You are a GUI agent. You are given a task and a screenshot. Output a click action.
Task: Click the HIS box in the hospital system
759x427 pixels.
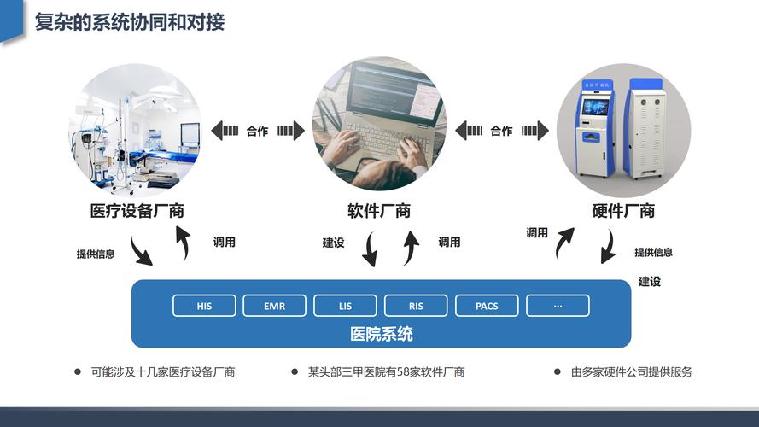204,306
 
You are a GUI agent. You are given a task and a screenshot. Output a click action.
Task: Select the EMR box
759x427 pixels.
274,306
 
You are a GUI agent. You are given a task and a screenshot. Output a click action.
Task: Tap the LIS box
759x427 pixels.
345,306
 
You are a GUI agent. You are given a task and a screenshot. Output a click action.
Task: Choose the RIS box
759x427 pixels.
416,306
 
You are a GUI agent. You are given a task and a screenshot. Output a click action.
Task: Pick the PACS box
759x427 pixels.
487,306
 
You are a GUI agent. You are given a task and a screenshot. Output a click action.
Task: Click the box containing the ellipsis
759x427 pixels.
558,306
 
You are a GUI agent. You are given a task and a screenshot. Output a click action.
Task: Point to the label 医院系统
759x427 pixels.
382,334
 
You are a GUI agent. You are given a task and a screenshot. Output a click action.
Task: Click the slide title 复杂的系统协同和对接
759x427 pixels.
130,22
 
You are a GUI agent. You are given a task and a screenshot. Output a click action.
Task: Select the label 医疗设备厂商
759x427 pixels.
137,211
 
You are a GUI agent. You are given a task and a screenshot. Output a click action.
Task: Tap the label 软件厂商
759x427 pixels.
379,211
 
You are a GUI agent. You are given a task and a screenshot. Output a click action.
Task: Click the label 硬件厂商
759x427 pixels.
623,211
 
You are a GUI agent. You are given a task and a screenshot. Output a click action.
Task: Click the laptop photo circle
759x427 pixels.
379,124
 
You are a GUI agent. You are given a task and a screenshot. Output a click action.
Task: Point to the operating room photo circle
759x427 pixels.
136,130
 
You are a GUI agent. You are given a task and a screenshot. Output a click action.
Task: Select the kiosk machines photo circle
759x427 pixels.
623,130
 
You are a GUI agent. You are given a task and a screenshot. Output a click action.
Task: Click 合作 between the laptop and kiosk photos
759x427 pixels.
501,131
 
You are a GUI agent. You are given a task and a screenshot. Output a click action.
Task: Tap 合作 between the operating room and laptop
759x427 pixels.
258,131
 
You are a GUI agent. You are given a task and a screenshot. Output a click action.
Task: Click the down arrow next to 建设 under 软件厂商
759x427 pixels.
371,249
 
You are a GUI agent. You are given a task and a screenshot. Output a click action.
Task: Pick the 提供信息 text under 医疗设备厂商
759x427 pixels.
96,254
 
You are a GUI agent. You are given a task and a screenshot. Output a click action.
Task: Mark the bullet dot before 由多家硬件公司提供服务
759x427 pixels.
558,371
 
